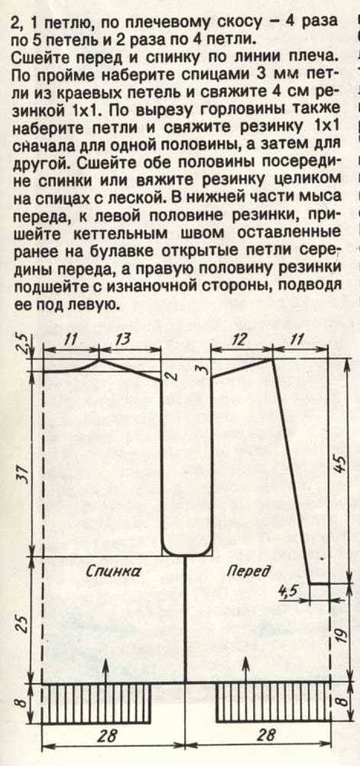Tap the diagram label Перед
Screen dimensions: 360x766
[x=248, y=570]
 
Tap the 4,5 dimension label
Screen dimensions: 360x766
[x=287, y=591]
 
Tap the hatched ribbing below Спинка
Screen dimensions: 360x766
[x=97, y=703]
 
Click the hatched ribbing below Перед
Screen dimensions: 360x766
[x=274, y=703]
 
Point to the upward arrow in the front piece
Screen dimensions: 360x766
[x=245, y=665]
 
